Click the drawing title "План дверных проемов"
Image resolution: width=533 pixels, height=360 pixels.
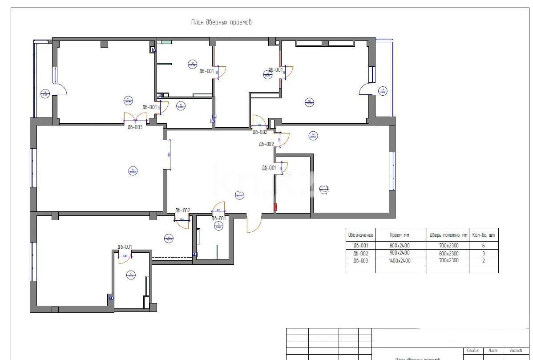pyautogui.click(x=221, y=22)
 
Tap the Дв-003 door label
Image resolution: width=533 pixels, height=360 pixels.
pyautogui.click(x=135, y=127)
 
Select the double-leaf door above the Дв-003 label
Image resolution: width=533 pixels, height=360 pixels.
pyautogui.click(x=135, y=117)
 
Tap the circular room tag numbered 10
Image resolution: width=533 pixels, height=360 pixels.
pyautogui.click(x=309, y=102)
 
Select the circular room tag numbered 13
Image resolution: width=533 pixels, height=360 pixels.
pyautogui.click(x=383, y=91)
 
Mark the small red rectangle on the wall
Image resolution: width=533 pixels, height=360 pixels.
pyautogui.click(x=275, y=207)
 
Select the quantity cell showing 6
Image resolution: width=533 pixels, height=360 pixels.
pyautogui.click(x=483, y=245)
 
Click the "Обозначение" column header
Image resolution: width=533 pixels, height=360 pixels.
pyautogui.click(x=360, y=235)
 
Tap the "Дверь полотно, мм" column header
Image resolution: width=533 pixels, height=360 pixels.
pyautogui.click(x=448, y=235)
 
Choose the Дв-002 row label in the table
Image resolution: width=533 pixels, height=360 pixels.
pyautogui.click(x=360, y=253)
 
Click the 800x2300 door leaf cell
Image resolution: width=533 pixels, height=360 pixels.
pyautogui.click(x=448, y=253)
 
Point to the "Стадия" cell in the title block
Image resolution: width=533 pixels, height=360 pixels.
pyautogui.click(x=473, y=351)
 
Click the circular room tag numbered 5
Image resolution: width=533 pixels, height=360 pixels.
pyautogui.click(x=131, y=275)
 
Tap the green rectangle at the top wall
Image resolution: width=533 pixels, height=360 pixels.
pyautogui.click(x=166, y=42)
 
